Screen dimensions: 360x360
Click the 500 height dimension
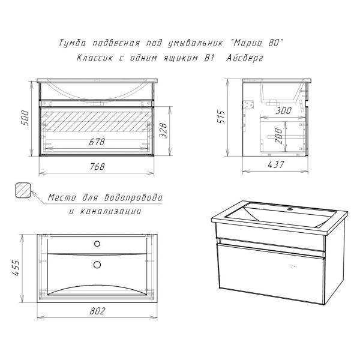pos(25,118)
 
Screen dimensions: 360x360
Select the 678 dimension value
pos(97,142)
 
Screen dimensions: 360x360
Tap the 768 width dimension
pos(97,166)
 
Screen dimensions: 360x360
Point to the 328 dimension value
pos(163,130)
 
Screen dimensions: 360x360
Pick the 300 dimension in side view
pos(283,110)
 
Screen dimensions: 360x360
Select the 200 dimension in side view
pos(278,136)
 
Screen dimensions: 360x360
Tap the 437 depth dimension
pos(276,164)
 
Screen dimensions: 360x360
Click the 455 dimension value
pos(16,268)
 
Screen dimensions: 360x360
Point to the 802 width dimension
pos(97,311)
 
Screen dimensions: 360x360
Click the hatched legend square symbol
pos(23,190)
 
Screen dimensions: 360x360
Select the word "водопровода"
pos(133,197)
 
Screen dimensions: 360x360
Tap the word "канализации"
pos(110,211)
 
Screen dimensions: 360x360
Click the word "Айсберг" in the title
pos(245,58)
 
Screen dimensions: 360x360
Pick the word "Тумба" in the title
pos(73,43)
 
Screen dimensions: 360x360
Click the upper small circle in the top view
pos(97,244)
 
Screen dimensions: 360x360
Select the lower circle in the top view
pos(97,265)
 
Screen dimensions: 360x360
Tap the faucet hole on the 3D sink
pos(290,209)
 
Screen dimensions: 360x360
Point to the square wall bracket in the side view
pos(248,105)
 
